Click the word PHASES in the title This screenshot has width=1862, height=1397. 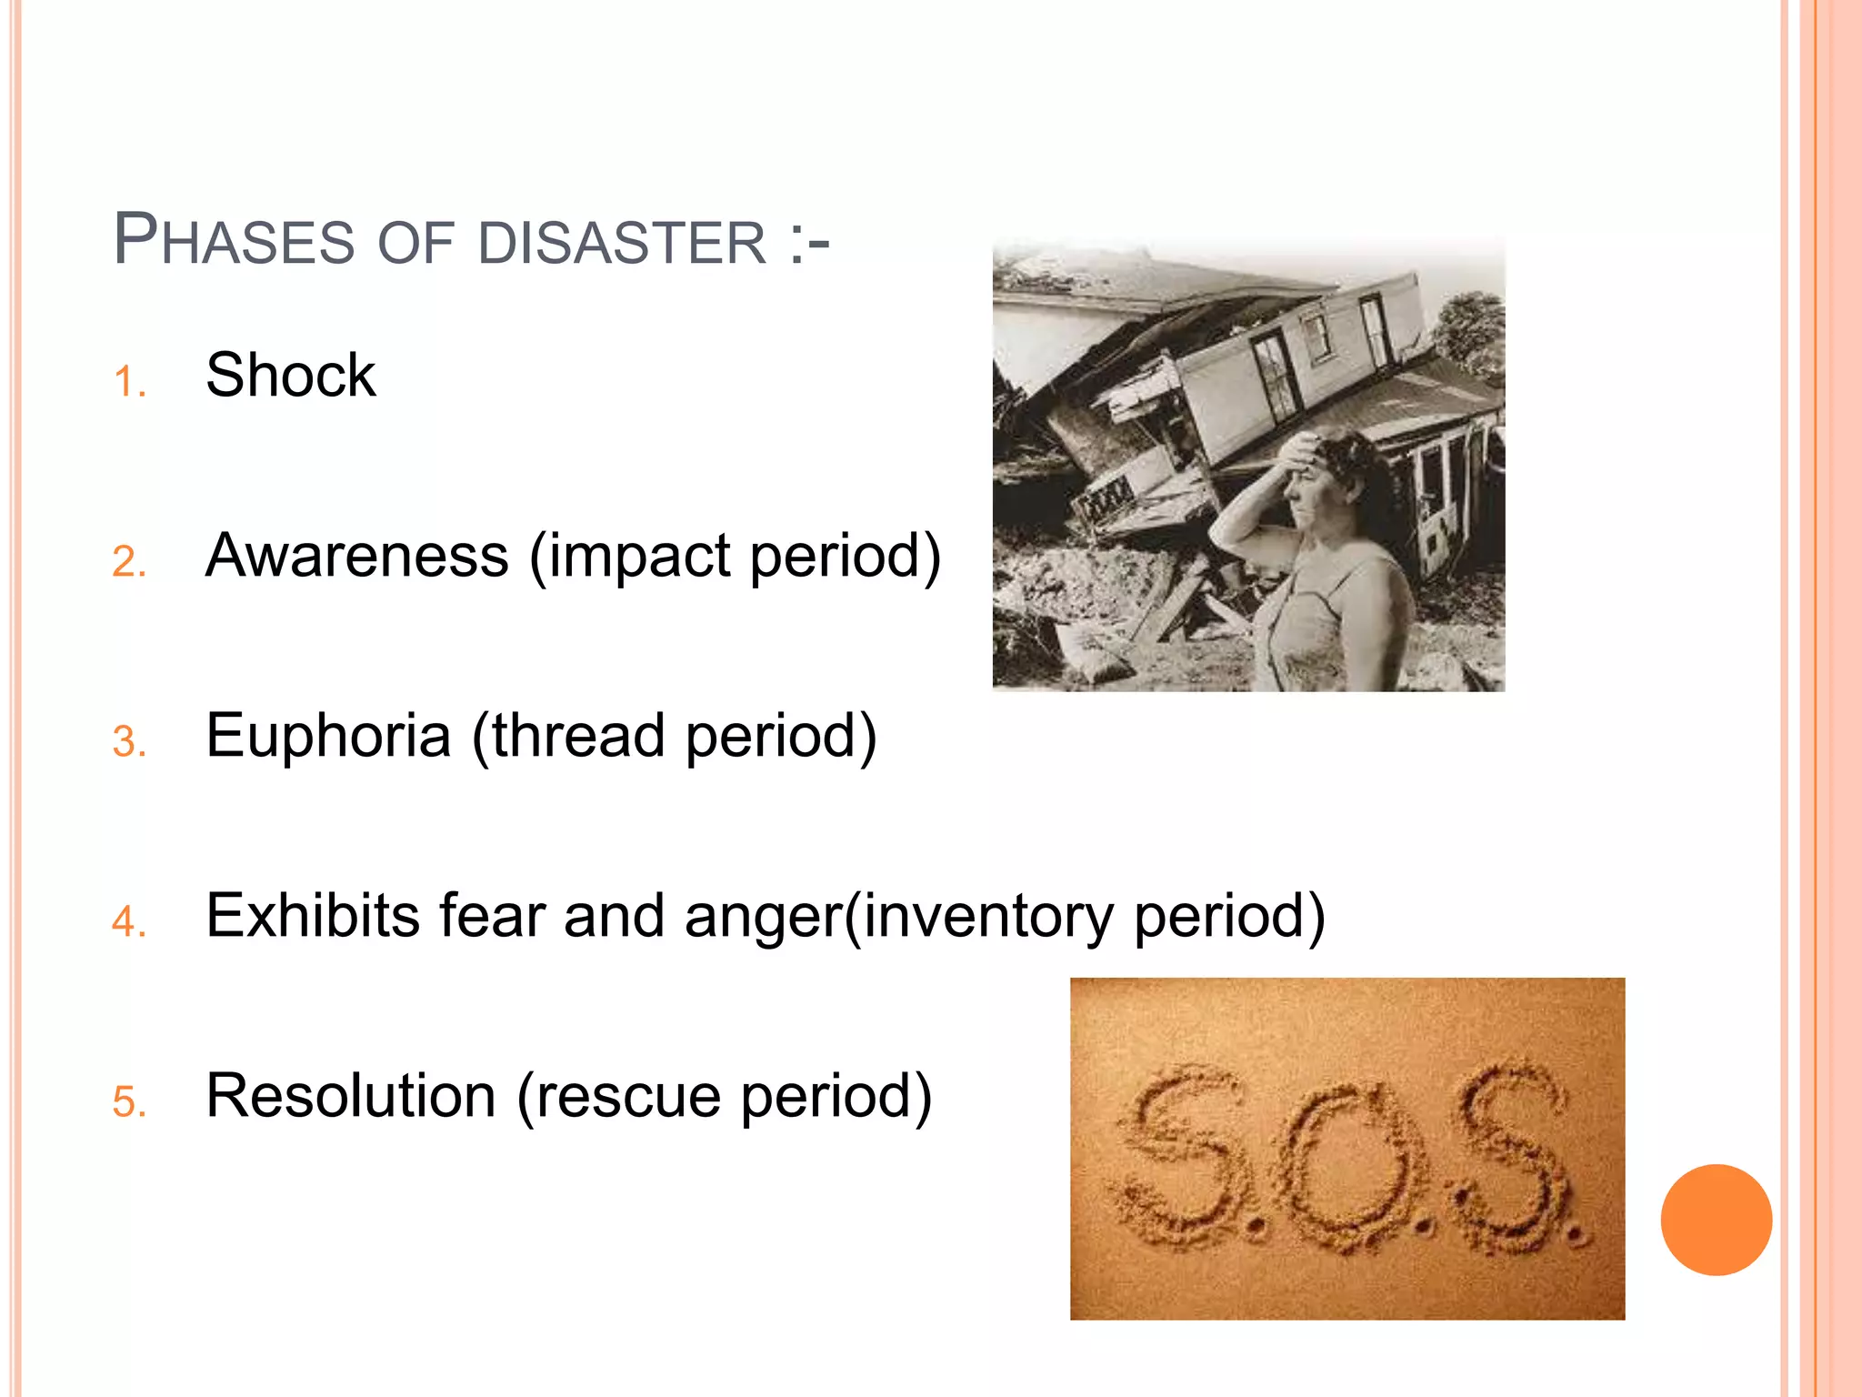(x=233, y=240)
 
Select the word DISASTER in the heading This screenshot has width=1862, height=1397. (x=623, y=243)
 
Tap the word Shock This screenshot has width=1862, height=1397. (x=290, y=375)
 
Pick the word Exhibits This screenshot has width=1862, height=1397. (x=313, y=915)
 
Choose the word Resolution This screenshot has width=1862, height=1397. (x=351, y=1095)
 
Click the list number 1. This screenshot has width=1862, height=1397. (x=129, y=382)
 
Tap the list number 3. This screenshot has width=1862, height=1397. (x=129, y=742)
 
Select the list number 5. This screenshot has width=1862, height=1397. (x=129, y=1102)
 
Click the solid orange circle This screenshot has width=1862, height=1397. (x=1716, y=1220)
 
